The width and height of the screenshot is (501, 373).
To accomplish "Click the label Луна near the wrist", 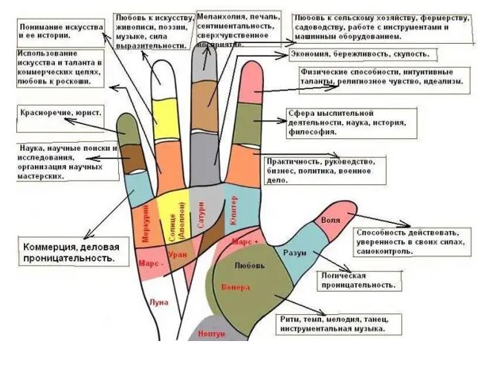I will (x=159, y=302).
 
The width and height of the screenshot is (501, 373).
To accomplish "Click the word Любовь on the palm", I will (x=247, y=265).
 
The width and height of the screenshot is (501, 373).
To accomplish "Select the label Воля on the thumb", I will (x=331, y=221).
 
